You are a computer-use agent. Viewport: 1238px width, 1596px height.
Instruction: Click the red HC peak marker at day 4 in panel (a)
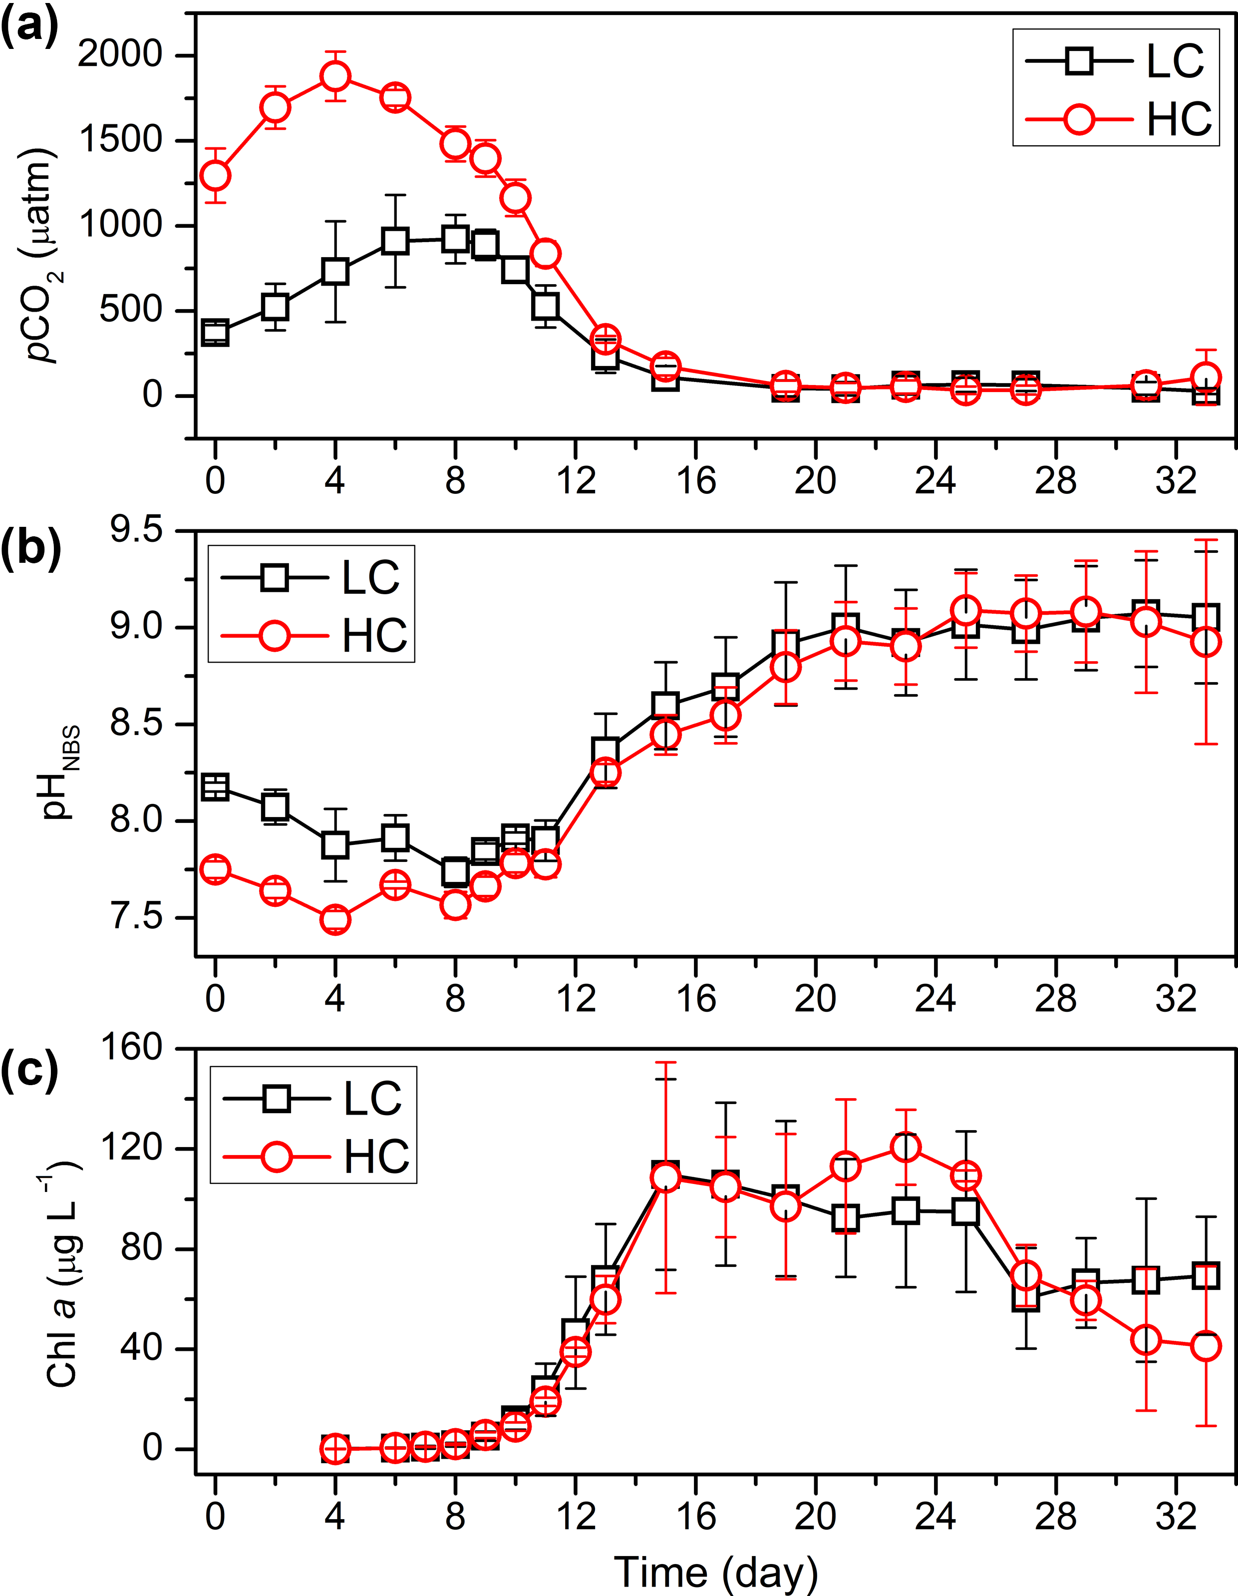click(x=335, y=76)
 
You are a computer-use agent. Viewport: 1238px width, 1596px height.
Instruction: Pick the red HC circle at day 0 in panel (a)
click(x=215, y=175)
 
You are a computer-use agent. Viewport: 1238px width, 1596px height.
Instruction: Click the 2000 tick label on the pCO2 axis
click(x=120, y=55)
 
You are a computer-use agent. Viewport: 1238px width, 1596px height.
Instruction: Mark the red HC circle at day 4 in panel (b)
click(x=335, y=919)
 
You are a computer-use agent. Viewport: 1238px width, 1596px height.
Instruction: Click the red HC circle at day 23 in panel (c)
click(x=906, y=1147)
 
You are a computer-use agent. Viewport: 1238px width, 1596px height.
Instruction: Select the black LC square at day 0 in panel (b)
click(x=215, y=787)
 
